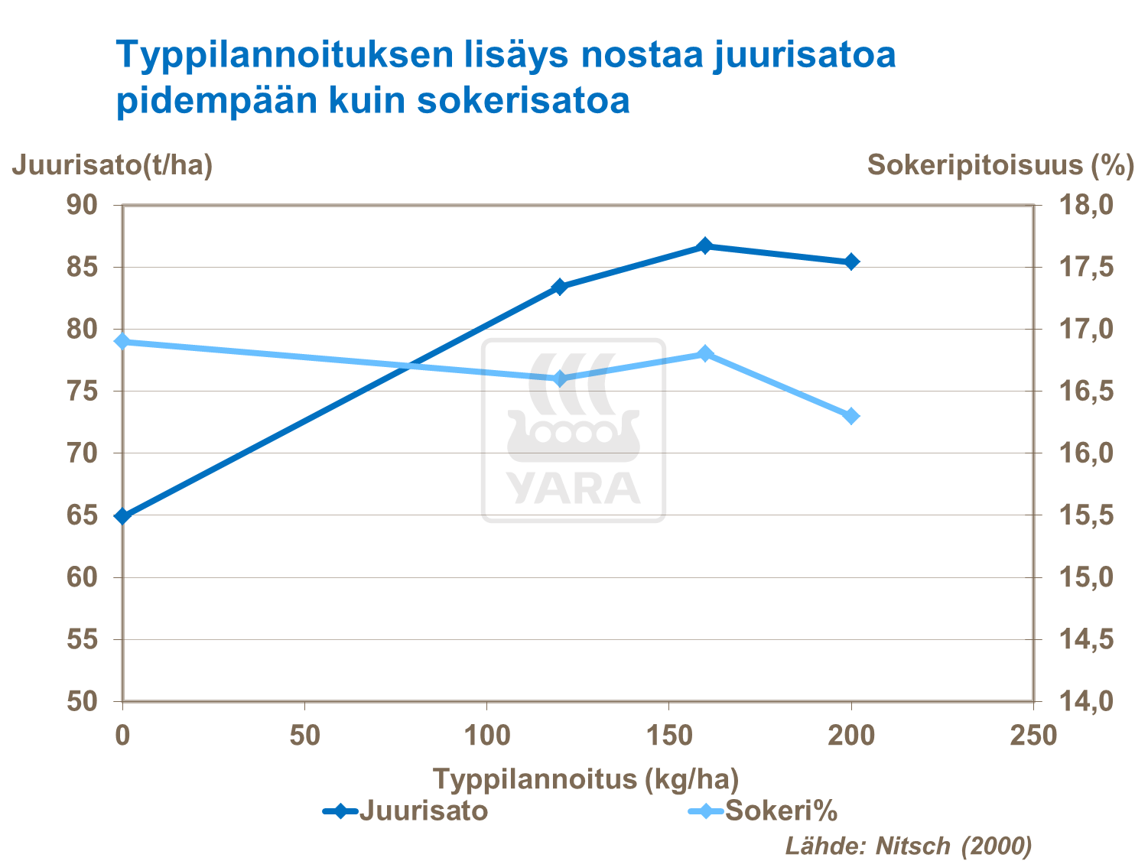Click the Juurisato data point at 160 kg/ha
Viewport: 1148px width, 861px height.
tap(705, 246)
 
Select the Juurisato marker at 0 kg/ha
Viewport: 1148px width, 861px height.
tap(122, 516)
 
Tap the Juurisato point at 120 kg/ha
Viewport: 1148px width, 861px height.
tap(559, 287)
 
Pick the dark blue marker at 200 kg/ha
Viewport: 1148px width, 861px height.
tap(851, 262)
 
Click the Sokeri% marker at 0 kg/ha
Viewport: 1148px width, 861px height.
tap(122, 341)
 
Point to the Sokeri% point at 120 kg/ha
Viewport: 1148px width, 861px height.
tap(559, 379)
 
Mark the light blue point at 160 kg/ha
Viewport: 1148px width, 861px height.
tap(705, 353)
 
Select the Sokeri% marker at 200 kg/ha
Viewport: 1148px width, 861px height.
tap(851, 416)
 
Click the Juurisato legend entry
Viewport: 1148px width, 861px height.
tap(405, 810)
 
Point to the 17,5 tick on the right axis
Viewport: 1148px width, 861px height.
tap(1085, 268)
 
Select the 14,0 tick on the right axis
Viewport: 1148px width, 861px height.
tap(1085, 701)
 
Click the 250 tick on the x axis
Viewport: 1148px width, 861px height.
tap(1033, 736)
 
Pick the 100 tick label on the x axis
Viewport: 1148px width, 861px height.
tap(487, 736)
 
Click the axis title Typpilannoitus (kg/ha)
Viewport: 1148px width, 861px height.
tap(586, 779)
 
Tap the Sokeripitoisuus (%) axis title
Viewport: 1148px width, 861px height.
tap(1000, 164)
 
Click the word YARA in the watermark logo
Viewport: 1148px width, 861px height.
tap(574, 489)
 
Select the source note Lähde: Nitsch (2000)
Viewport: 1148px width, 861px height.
tap(909, 846)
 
